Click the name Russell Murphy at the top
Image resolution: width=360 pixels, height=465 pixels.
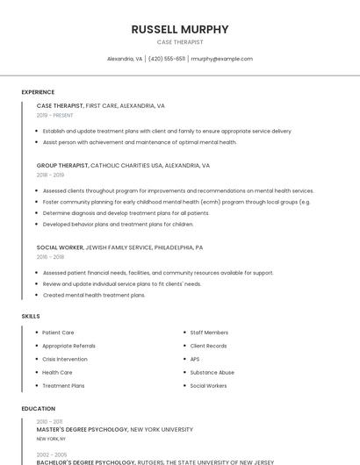coord(179,29)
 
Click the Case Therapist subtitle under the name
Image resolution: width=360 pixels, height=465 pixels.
coord(179,42)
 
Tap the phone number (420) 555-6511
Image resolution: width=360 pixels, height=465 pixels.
coord(167,59)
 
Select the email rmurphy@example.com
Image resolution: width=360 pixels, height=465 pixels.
coord(221,59)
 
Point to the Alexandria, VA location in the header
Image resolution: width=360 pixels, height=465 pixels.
coord(125,59)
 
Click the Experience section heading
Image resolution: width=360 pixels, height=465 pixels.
coord(38,92)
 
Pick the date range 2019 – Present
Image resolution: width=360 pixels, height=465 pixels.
coord(54,115)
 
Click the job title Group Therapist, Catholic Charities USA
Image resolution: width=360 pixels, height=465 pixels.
coord(123,165)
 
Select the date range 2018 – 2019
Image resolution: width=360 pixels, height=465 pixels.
coord(50,175)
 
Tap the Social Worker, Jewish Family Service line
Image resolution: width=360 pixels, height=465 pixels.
coord(119,247)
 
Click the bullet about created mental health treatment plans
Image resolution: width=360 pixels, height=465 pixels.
coord(94,295)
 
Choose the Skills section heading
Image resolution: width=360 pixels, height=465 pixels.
coord(31,316)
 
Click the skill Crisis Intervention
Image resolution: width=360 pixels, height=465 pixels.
coord(65,359)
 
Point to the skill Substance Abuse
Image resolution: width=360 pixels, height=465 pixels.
coord(212,372)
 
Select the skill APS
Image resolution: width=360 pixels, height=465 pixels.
coord(195,359)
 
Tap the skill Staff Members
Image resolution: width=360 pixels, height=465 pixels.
coord(209,333)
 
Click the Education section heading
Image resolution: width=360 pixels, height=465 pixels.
coord(38,409)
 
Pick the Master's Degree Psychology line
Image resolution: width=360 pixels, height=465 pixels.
coord(114,430)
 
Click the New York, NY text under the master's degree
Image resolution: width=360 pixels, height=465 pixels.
coord(51,439)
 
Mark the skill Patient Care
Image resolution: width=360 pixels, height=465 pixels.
coord(58,333)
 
